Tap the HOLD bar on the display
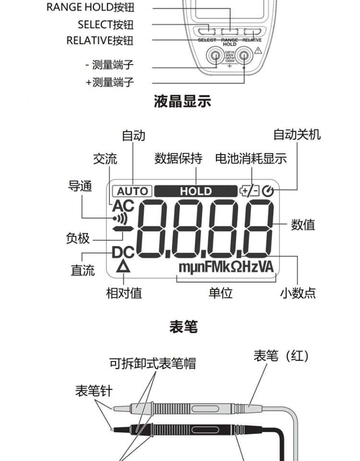[x=195, y=191]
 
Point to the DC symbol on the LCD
[x=123, y=252]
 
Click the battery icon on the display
[x=249, y=191]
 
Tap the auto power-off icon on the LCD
[x=268, y=191]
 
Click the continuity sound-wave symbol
[x=120, y=219]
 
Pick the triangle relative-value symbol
[x=124, y=267]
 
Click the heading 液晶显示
[x=182, y=101]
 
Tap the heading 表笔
[x=183, y=327]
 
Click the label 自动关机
[x=297, y=134]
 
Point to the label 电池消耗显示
[x=251, y=158]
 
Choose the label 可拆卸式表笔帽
[x=152, y=363]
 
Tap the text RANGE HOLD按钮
[x=90, y=8]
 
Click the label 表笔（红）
[x=281, y=356]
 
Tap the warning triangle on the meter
[x=258, y=51]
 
